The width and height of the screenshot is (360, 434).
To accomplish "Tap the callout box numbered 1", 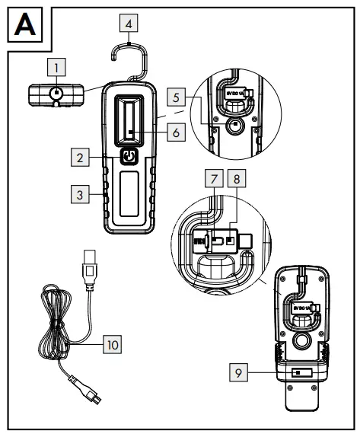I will (56, 69).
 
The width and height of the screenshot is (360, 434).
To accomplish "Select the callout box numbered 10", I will (112, 344).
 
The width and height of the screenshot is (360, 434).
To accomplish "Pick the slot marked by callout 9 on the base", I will (298, 374).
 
